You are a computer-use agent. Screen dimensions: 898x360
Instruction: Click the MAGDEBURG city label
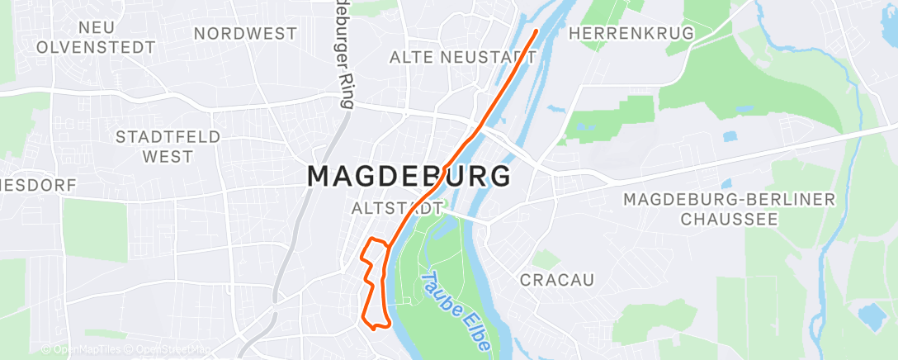click(x=409, y=177)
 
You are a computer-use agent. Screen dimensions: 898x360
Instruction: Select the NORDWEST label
click(x=245, y=34)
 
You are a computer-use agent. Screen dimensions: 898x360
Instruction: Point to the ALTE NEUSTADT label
click(x=463, y=57)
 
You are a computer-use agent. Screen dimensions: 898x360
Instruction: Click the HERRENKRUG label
click(x=632, y=33)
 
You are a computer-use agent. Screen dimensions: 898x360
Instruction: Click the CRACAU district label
click(x=557, y=280)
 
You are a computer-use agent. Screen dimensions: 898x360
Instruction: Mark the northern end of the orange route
click(x=536, y=31)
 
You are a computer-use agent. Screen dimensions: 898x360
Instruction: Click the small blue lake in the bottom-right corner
click(x=869, y=315)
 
